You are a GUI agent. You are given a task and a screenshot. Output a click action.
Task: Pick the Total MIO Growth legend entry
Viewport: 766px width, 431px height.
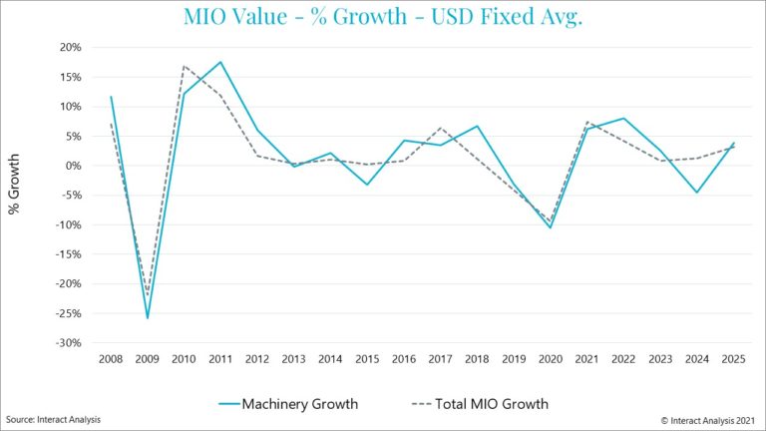tap(479, 404)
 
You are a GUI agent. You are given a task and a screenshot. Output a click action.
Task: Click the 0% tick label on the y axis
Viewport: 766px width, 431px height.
tap(71, 166)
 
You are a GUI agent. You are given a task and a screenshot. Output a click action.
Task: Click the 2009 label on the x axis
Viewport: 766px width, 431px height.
tap(148, 358)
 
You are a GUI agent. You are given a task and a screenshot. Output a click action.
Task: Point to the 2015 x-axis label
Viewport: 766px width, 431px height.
tap(367, 358)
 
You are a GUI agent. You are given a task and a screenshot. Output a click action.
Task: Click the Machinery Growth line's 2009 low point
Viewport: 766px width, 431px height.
tap(148, 318)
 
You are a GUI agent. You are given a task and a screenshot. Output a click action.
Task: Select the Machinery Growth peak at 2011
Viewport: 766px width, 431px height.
tap(220, 62)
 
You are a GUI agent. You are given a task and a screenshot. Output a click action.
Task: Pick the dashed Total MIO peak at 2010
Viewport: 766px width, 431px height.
tap(185, 66)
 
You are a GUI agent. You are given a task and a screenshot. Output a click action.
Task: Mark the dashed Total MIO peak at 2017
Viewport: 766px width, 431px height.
tap(440, 128)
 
